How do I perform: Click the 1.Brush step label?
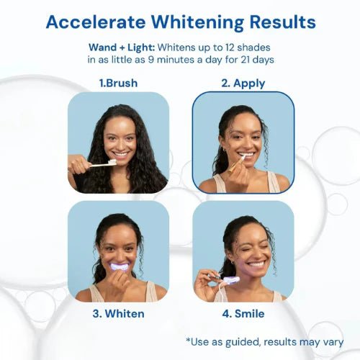118,84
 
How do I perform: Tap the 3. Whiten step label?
118,314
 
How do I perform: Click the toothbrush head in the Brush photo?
112,163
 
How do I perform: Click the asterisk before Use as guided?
188,341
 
